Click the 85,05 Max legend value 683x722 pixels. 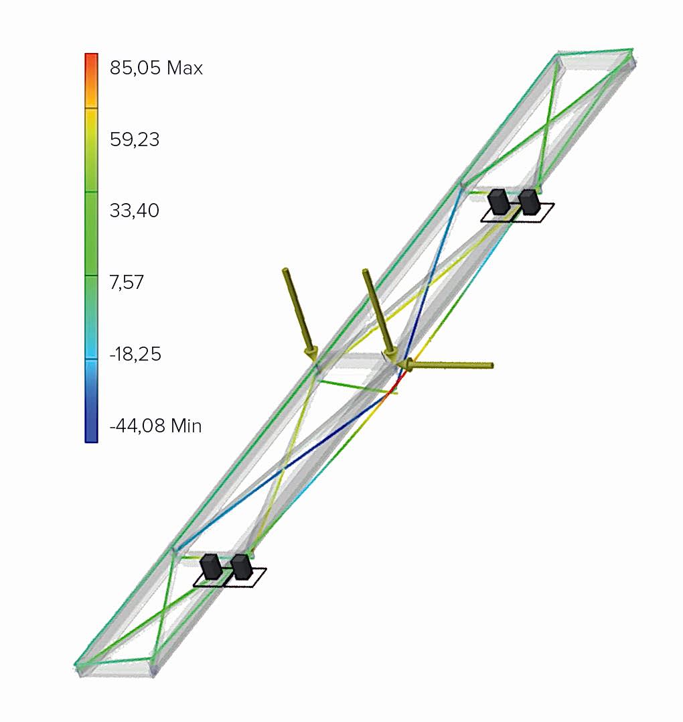pos(156,68)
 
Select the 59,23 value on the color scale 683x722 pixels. pos(135,139)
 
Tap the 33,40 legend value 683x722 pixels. pos(135,210)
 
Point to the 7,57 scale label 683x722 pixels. pos(127,282)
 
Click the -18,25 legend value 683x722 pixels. pos(135,354)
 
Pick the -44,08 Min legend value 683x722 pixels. pos(155,426)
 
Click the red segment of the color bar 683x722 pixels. pos(91,69)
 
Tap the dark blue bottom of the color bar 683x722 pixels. pos(91,424)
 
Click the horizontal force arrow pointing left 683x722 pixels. pos(445,365)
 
